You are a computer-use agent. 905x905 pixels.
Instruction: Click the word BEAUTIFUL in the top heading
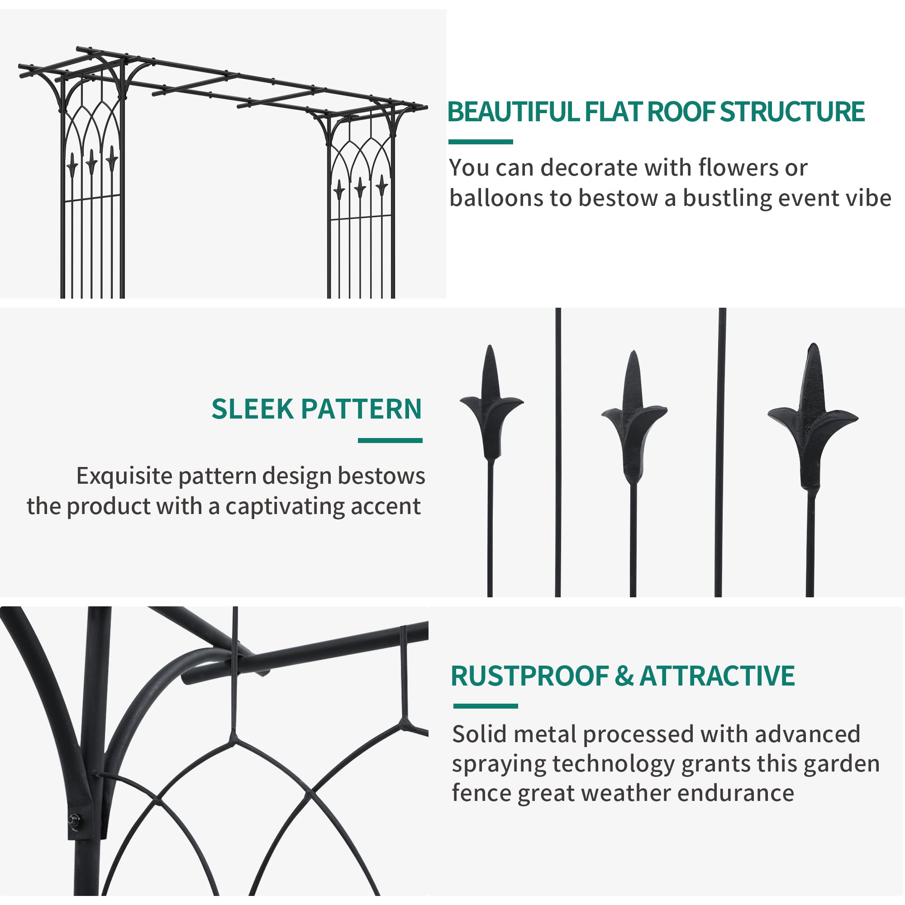pos(513,112)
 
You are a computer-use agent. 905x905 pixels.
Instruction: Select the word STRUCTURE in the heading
pos(792,112)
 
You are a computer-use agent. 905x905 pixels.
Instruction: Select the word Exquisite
pos(124,476)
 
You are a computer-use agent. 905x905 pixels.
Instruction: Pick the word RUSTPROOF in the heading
pos(529,676)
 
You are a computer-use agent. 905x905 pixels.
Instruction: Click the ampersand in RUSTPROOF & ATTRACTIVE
pos(624,676)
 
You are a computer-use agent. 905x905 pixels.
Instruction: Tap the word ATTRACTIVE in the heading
pos(717,676)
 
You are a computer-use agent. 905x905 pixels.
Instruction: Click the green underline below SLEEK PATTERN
pos(390,440)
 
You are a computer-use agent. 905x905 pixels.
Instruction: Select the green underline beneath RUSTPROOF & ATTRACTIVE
pos(485,706)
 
